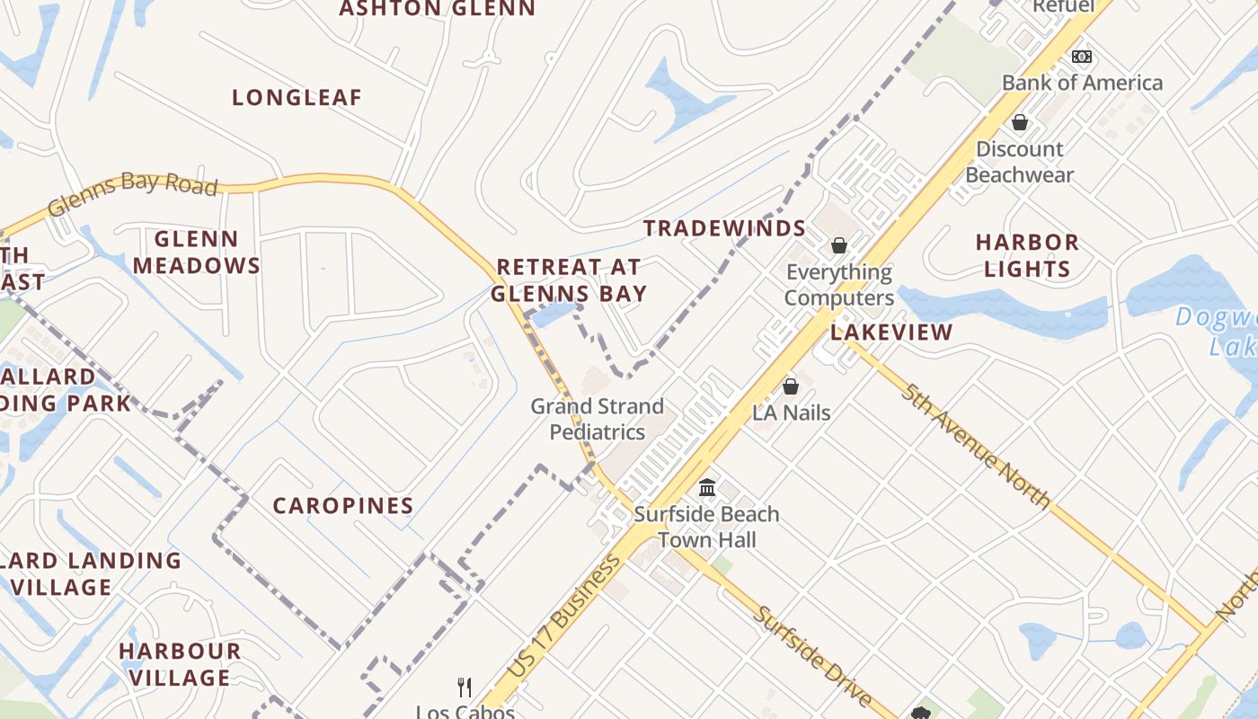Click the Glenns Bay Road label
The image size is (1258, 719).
pos(133,193)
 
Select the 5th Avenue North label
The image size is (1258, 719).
pos(977,446)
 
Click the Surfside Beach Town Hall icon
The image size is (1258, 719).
pos(707,488)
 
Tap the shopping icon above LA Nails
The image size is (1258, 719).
pos(791,386)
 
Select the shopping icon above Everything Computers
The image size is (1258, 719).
pos(839,245)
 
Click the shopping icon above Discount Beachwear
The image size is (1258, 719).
pos(1020,122)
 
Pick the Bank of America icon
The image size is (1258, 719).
pos(1082,57)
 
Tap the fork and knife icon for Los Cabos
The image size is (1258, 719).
pos(465,688)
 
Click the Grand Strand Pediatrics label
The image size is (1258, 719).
pos(598,419)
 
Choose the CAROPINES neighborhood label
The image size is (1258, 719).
pos(343,506)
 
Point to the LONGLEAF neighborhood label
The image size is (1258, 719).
pos(297,98)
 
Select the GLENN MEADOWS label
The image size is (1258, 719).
pos(197,253)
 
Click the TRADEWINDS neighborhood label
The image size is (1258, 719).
pos(724,228)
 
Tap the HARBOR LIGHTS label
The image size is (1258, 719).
pos(1027,255)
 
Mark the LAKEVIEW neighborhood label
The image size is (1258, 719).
pos(890,333)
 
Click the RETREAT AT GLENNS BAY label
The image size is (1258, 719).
pos(569,280)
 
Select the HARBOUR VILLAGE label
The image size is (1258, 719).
pos(180,664)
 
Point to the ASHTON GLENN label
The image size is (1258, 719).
pos(437,9)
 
